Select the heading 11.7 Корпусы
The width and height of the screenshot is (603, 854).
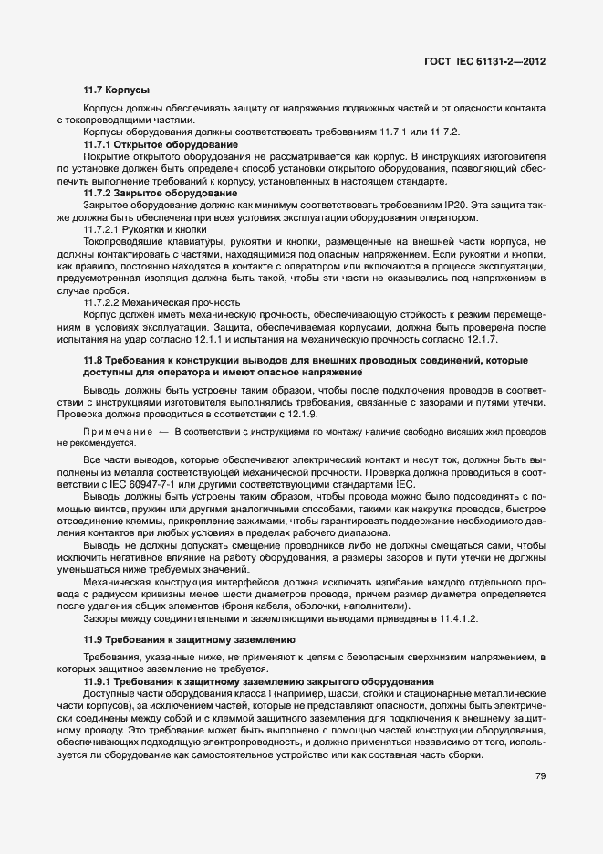tap(116, 90)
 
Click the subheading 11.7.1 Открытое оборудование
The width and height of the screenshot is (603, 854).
tap(161, 145)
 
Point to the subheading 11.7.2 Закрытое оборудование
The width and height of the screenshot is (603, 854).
tap(161, 194)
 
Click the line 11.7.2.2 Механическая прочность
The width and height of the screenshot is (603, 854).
tap(161, 302)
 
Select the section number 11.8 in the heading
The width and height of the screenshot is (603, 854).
tap(95, 363)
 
